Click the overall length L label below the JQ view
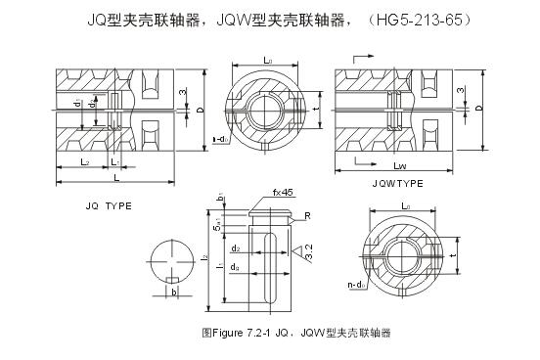(115, 178)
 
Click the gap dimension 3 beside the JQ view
(182, 92)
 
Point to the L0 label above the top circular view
(267, 61)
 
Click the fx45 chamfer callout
(258, 192)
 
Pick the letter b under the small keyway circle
(172, 291)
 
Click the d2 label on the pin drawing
(237, 249)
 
